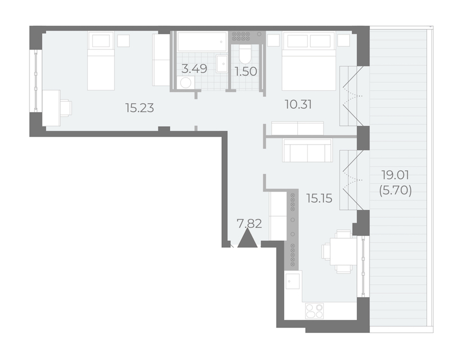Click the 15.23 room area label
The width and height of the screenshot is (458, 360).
click(139, 108)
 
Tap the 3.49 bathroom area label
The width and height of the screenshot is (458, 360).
click(194, 69)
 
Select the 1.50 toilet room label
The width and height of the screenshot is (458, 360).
click(246, 72)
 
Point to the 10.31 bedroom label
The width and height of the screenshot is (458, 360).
click(298, 104)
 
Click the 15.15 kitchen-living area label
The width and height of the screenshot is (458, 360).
click(319, 199)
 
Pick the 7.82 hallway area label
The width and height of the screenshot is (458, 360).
click(249, 224)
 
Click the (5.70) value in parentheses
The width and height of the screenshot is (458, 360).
click(395, 191)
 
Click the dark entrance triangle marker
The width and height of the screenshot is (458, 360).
click(247, 238)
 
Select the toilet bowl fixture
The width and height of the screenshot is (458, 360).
click(245, 54)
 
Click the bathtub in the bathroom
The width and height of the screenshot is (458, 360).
click(202, 42)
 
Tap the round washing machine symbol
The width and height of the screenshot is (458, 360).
click(186, 82)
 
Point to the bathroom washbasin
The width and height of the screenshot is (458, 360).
click(222, 64)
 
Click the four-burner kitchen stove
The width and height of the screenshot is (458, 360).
click(314, 311)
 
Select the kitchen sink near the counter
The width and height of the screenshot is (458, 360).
click(293, 281)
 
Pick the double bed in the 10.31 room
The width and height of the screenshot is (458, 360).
click(309, 62)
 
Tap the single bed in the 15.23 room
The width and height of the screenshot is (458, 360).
click(101, 61)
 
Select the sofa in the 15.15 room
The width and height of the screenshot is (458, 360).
click(307, 150)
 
